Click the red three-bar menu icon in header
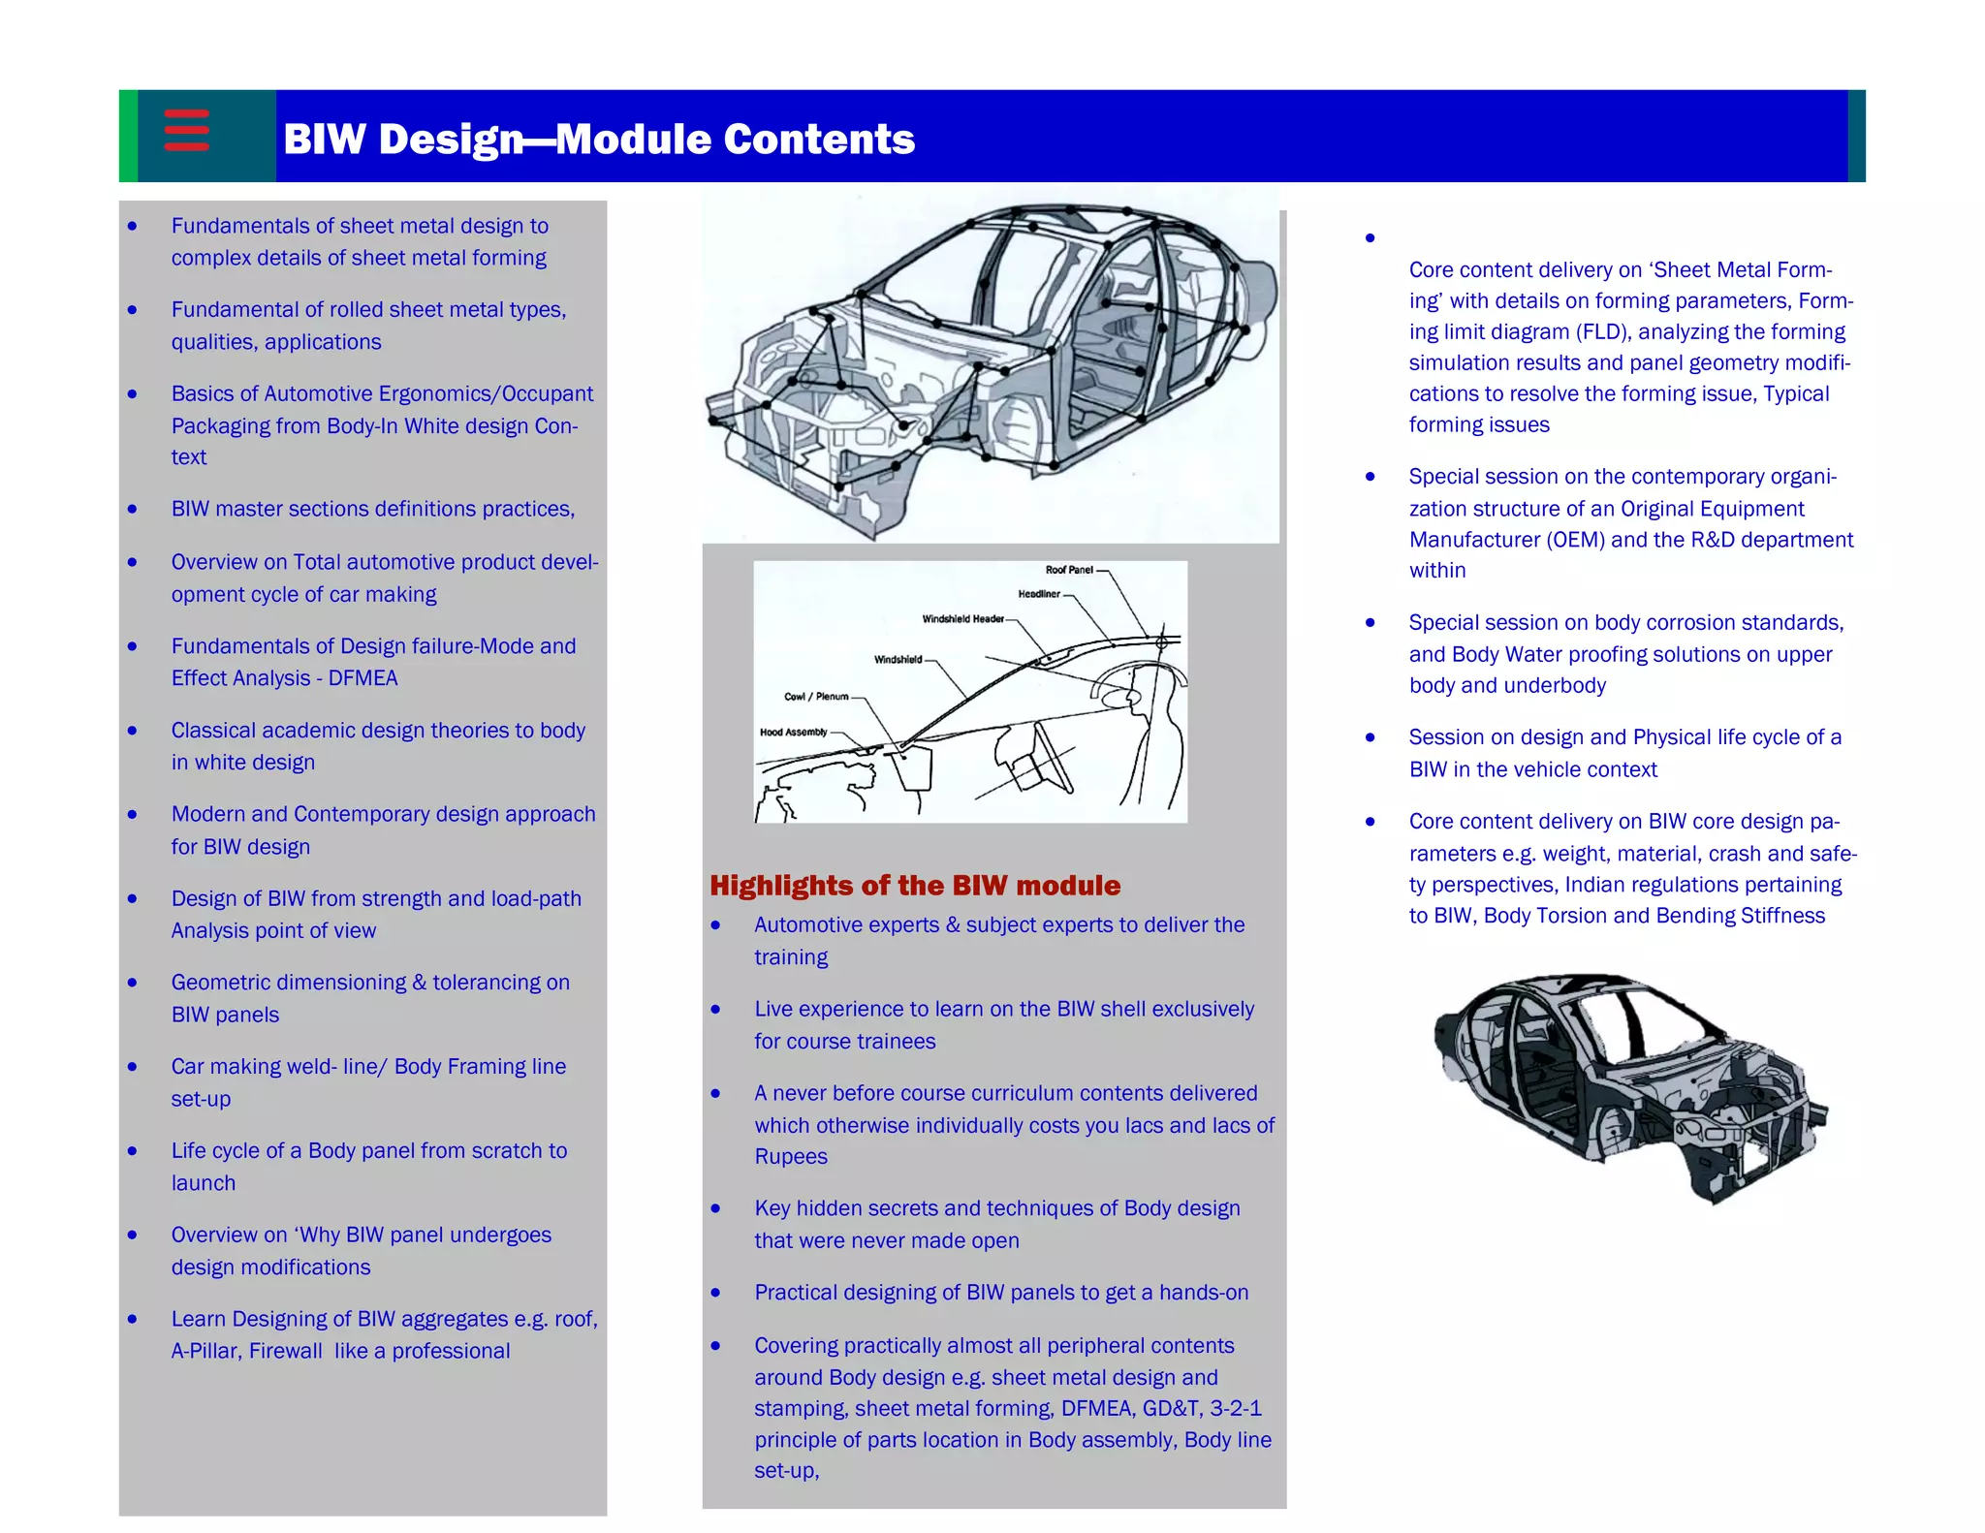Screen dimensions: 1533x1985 click(x=186, y=131)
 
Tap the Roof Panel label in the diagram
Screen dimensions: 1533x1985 click(x=1068, y=570)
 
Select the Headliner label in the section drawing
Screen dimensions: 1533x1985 click(x=1038, y=594)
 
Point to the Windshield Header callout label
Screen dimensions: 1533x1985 click(x=962, y=619)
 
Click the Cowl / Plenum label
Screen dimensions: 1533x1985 click(x=815, y=697)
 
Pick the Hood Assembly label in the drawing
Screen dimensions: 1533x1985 click(x=793, y=733)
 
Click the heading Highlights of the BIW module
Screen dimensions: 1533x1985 click(x=914, y=886)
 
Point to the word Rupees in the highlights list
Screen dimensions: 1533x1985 click(x=790, y=1157)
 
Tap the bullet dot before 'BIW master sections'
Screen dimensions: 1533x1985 click(x=133, y=510)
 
